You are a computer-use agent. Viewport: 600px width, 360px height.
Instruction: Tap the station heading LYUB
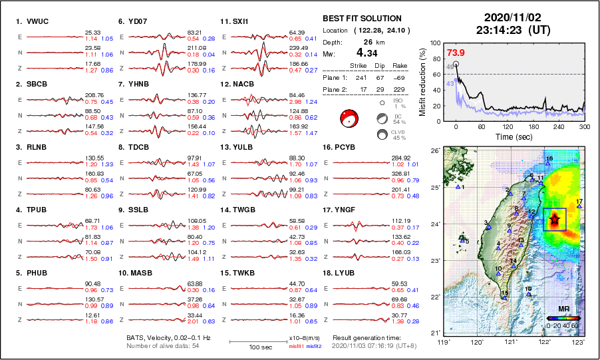pyautogui.click(x=343, y=272)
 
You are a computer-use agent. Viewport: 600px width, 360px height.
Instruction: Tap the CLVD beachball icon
pyautogui.click(x=382, y=134)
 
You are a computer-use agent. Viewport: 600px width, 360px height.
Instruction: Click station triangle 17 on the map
pyautogui.click(x=579, y=206)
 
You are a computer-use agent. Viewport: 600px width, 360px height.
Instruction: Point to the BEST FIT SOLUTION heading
pyautogui.click(x=362, y=19)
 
